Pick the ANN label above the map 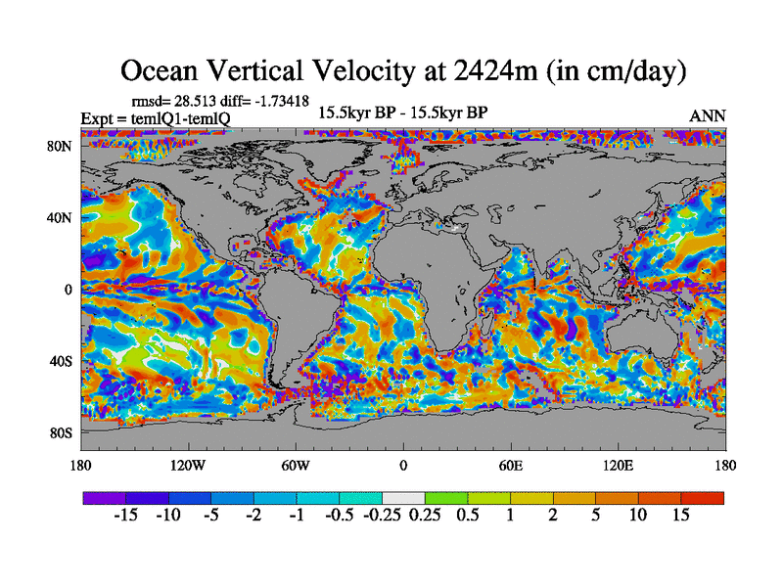(708, 115)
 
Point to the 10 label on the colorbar (638, 516)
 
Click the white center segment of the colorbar (403, 498)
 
